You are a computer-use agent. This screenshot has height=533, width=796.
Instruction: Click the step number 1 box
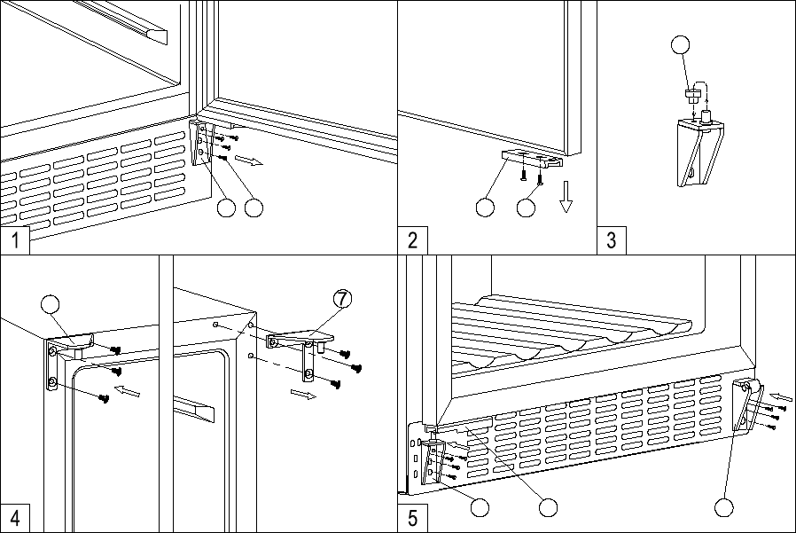(15, 239)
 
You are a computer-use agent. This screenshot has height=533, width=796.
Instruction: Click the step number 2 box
(413, 239)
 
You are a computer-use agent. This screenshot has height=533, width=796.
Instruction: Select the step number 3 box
(612, 239)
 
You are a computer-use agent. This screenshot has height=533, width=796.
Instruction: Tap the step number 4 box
(15, 518)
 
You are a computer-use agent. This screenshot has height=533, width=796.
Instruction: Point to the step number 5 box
(413, 518)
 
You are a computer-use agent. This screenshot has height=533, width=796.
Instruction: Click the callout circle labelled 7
(343, 299)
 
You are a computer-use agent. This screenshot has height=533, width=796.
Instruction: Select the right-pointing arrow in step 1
(250, 161)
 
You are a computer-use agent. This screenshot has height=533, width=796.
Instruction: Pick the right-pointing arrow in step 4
(303, 395)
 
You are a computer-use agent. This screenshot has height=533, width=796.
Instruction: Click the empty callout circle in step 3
(680, 44)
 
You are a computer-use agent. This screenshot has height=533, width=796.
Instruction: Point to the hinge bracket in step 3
(700, 152)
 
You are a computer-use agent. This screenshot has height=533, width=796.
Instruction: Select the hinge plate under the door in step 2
(533, 158)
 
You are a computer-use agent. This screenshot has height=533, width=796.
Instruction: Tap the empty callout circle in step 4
(51, 304)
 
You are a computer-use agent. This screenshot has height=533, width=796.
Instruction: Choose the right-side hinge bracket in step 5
(747, 406)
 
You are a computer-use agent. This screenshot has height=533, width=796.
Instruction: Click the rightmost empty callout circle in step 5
(724, 507)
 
